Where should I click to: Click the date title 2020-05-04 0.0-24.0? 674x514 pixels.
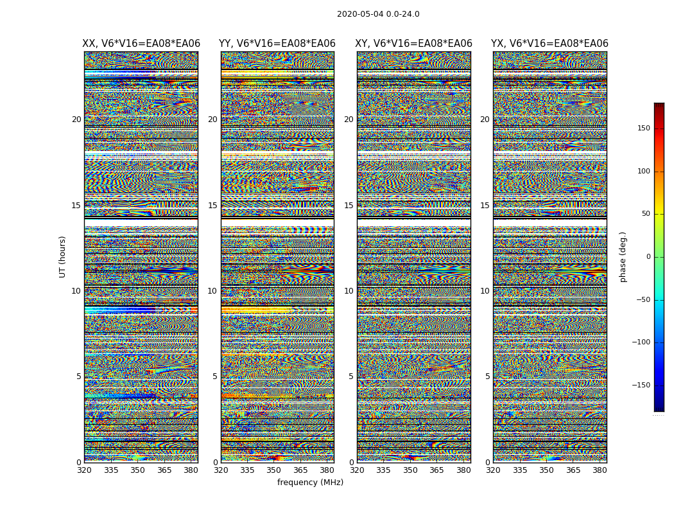378,14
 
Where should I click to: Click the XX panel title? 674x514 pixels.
141,44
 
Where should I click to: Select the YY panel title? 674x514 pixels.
277,44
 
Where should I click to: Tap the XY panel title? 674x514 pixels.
413,44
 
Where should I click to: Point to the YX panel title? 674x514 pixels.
549,44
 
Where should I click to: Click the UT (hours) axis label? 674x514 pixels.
63,256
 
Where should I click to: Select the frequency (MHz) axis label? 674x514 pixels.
310,483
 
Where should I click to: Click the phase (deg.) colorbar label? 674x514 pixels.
623,256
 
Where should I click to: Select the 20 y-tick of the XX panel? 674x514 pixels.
76,120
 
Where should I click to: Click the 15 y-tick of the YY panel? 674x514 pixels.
212,206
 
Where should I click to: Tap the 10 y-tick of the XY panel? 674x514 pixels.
349,291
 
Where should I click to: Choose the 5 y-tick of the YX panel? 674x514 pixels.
487,377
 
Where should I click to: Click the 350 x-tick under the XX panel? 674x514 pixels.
137,470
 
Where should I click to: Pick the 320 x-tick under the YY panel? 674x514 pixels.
221,470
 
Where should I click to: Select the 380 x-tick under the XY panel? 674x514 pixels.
463,470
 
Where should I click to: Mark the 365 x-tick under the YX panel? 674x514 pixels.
573,470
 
